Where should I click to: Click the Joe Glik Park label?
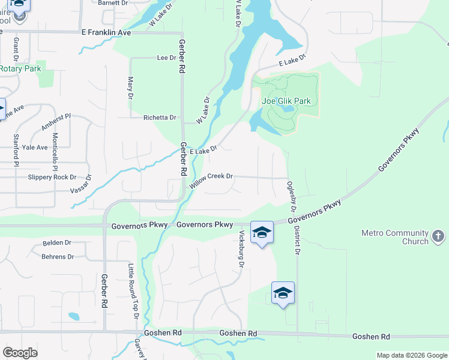pos(286,101)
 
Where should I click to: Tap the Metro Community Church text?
pos(394,237)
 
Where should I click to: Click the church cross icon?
pos(438,237)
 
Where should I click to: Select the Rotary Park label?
pos(20,68)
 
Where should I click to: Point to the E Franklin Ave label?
pos(106,32)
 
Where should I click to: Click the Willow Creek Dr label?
pos(211,179)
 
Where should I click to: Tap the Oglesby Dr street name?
pos(292,196)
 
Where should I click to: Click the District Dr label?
pos(297,236)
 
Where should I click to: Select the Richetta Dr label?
pos(160,118)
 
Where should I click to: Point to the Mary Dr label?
pos(130,88)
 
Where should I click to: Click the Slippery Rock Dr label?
pos(52,177)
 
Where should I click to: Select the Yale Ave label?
pos(34,147)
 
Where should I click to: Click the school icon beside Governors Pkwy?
pos(262,232)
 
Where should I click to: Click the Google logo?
pos(20,353)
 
